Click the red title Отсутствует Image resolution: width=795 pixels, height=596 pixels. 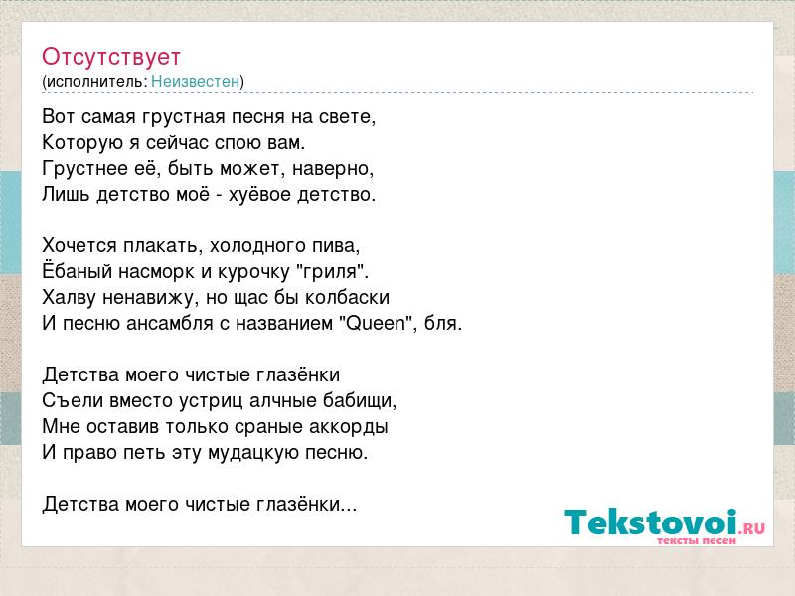click(x=111, y=57)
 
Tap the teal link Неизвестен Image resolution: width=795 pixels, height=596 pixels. click(x=195, y=81)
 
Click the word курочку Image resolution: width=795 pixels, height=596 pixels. click(x=253, y=272)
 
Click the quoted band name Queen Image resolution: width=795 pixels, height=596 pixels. click(x=376, y=324)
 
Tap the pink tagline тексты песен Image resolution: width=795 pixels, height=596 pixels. click(x=697, y=540)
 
